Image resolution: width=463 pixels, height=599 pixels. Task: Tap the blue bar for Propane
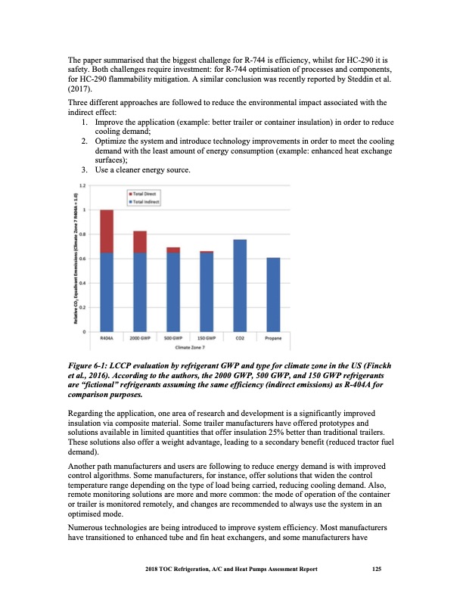(273, 294)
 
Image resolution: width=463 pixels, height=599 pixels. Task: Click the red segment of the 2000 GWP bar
(140, 242)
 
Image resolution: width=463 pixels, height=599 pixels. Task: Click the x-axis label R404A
(107, 338)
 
